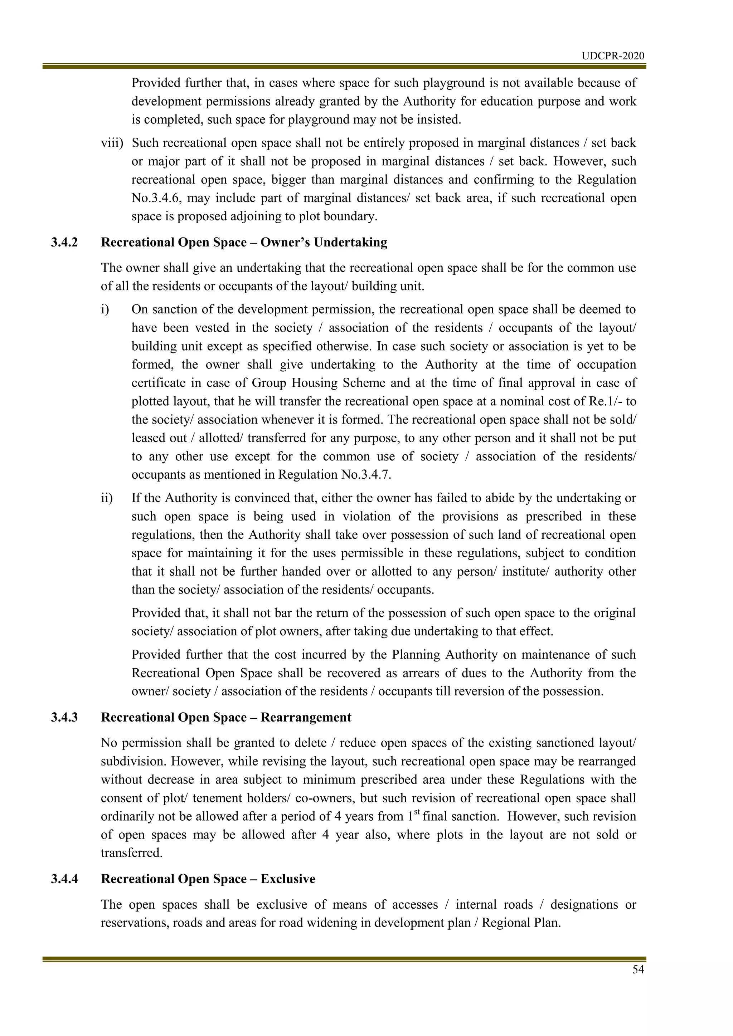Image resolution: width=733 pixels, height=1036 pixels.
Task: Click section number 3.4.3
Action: click(x=64, y=718)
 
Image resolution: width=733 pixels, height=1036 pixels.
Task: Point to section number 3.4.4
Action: click(x=64, y=879)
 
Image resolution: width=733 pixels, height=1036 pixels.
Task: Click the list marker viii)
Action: click(x=112, y=143)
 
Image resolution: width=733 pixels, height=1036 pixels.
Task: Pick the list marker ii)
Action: click(x=107, y=498)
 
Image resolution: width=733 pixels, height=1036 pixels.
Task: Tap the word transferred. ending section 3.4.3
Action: click(x=131, y=853)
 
